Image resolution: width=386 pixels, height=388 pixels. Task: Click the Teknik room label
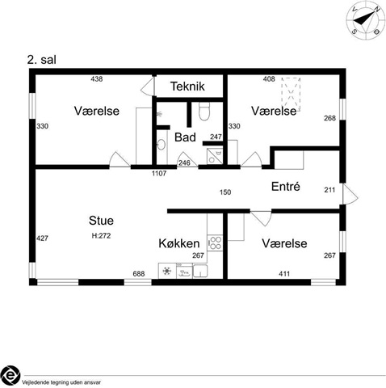pos(187,86)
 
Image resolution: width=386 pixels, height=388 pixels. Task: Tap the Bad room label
pos(185,137)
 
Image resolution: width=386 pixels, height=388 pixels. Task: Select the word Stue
pos(101,221)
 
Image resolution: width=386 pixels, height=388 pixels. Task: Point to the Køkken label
pos(179,243)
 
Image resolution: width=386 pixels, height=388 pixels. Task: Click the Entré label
pos(286,186)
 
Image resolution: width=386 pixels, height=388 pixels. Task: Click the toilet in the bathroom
pos(204,112)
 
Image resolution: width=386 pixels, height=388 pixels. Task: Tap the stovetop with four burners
pos(215,243)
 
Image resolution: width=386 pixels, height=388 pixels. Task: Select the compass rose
pos(366,20)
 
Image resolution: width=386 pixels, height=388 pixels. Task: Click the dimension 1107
pos(159,173)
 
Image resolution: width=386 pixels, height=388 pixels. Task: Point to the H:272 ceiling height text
pos(101,236)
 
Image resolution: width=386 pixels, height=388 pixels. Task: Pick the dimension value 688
pos(139,274)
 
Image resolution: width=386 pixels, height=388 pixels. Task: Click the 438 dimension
pos(97,79)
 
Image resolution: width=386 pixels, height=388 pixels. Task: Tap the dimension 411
pos(284,274)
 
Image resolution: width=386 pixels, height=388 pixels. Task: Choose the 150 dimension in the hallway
pos(225,192)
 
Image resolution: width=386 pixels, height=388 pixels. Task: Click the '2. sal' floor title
pos(42,60)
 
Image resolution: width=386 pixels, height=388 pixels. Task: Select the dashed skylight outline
pos(291,95)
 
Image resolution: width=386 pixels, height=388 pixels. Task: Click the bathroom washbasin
pos(162,144)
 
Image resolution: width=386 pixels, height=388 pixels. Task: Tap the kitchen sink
pos(200,271)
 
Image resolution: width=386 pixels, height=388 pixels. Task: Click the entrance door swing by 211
pos(350,194)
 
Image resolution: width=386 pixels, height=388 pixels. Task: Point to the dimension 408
pos(269,79)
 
